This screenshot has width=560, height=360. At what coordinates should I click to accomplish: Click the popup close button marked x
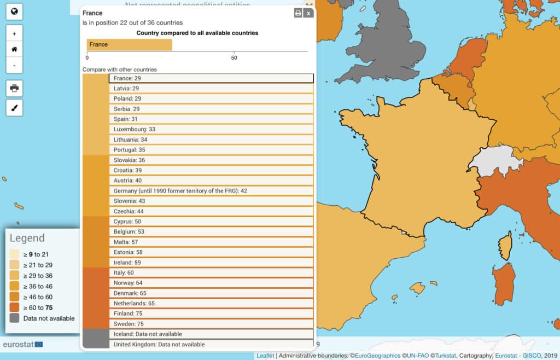308,13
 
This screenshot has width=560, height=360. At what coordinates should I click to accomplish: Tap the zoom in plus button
14,33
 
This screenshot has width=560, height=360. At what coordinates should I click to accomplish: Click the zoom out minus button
14,65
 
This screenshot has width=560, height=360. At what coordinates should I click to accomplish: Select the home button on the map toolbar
14,49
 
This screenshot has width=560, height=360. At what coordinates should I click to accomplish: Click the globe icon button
14,11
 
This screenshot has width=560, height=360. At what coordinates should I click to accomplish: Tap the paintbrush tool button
14,108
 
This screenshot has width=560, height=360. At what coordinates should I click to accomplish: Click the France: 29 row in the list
211,78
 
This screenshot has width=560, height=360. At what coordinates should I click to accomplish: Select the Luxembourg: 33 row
211,129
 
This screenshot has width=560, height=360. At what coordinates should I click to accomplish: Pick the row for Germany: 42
211,191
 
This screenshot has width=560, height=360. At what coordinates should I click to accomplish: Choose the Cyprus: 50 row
211,222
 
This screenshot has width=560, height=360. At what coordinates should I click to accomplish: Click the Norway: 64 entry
211,283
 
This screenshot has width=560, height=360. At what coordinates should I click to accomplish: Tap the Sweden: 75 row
211,324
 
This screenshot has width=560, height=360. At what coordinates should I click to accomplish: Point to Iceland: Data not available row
211,334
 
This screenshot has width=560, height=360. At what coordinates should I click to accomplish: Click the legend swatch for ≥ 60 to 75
15,307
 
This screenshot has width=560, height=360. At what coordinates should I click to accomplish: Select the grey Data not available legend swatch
15,318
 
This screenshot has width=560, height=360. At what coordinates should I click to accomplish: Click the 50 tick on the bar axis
234,57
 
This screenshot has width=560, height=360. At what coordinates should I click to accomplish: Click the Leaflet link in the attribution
265,356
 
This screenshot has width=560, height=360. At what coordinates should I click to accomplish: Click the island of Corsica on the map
506,246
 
